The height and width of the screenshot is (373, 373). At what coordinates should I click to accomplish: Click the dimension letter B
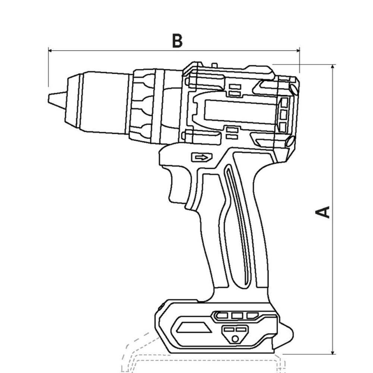pyautogui.click(x=177, y=41)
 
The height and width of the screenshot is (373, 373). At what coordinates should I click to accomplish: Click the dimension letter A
pyautogui.click(x=323, y=212)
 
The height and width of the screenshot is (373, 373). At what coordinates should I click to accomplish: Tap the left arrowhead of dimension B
pyautogui.click(x=50, y=50)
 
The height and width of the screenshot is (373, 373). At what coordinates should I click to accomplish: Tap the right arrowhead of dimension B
pyautogui.click(x=298, y=50)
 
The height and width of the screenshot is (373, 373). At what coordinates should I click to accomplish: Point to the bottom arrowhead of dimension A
pyautogui.click(x=333, y=352)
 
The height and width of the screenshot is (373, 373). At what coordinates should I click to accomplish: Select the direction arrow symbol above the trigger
pyautogui.click(x=202, y=157)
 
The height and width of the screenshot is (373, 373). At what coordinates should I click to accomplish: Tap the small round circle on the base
pyautogui.click(x=235, y=339)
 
